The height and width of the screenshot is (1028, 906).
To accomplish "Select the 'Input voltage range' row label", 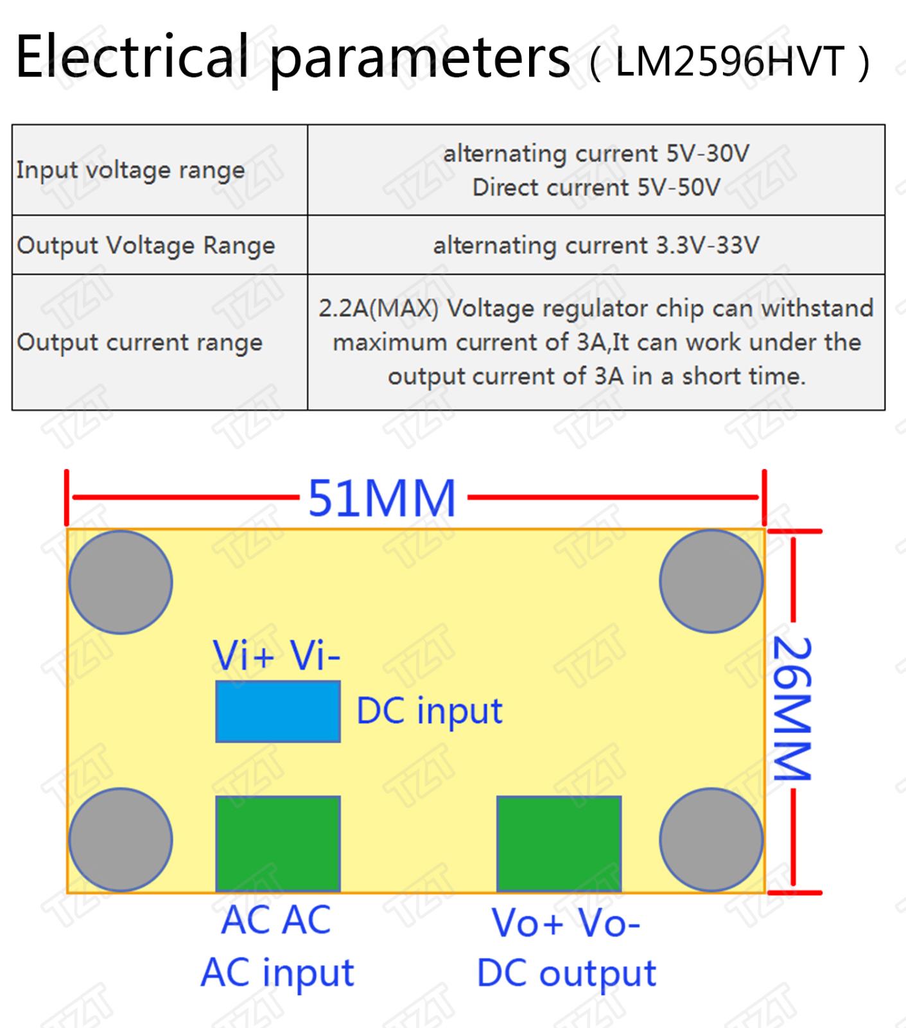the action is click(130, 171).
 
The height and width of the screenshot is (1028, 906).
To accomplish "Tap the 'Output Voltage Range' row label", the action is click(146, 246).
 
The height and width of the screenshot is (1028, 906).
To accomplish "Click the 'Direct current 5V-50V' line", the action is click(597, 188).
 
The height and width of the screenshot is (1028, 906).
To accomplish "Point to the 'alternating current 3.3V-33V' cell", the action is click(597, 245).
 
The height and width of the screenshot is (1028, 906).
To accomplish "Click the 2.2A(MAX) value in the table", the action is click(379, 309).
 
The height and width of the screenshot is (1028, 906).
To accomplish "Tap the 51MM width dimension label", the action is click(382, 498).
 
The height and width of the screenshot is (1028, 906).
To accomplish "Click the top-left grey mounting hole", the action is click(121, 582).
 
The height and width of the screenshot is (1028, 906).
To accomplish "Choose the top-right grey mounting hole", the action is click(711, 581).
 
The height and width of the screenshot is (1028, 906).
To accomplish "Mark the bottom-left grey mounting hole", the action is click(121, 840).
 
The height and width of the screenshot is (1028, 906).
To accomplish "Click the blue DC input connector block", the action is click(278, 712).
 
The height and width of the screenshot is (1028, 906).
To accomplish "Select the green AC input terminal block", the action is click(278, 844).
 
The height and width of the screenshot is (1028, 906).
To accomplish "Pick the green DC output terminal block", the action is click(559, 844).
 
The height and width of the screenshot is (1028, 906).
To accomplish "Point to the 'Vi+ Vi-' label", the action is click(277, 655).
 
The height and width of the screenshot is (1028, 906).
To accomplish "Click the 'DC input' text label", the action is click(430, 711).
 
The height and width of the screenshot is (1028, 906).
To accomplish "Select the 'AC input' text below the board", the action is click(277, 973).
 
